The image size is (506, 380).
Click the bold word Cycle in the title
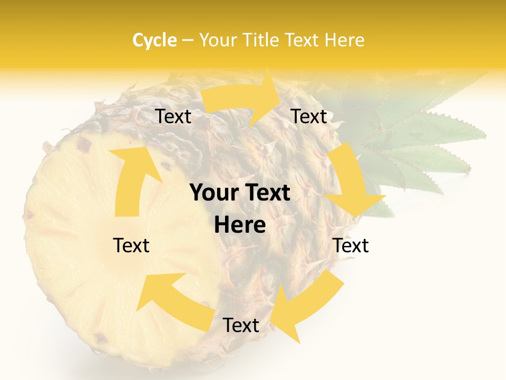tap(154, 40)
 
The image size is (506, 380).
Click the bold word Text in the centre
tap(267, 193)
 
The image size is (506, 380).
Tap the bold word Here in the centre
tap(240, 225)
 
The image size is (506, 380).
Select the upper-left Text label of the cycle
tap(173, 117)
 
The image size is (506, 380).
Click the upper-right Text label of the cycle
tap(309, 117)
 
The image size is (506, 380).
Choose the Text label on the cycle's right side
tap(351, 245)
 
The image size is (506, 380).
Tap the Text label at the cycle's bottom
tap(240, 326)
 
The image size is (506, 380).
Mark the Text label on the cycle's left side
tap(131, 245)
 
